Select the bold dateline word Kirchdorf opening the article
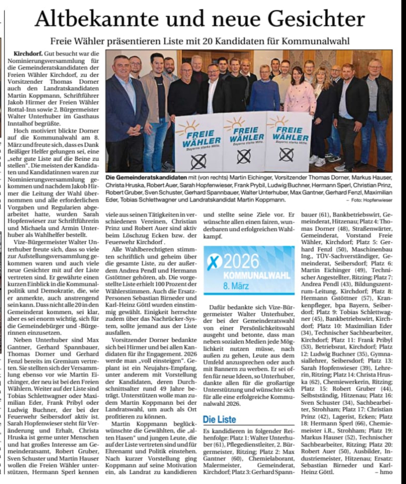[x=28, y=53]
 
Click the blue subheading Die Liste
[x=219, y=420]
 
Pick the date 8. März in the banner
[x=238, y=285]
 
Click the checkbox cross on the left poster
[x=198, y=160]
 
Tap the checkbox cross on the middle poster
[x=244, y=156]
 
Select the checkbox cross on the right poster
[x=286, y=155]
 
